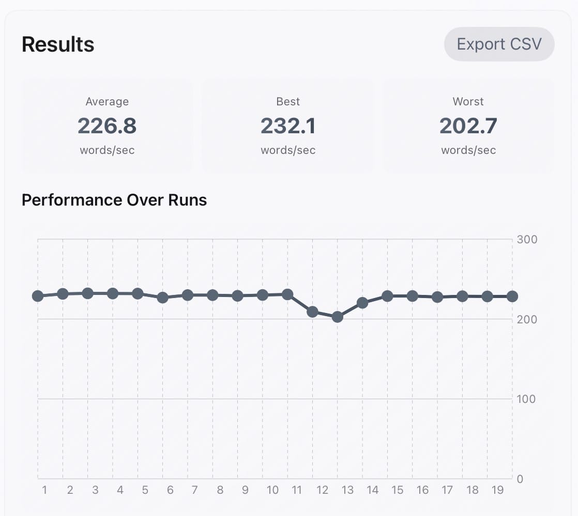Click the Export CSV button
click(499, 44)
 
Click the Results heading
click(58, 44)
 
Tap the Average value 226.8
click(107, 126)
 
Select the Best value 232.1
click(288, 126)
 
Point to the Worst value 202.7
click(468, 126)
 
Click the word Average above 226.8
click(107, 102)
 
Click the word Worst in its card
click(468, 102)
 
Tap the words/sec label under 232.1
click(288, 150)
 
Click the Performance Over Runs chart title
click(114, 200)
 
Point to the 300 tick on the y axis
click(527, 240)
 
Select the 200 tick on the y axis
click(527, 319)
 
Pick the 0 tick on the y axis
click(520, 479)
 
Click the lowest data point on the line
click(338, 317)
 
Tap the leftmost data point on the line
click(38, 296)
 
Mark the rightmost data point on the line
click(512, 296)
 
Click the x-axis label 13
click(347, 490)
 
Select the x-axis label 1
click(45, 490)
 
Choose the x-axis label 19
click(497, 490)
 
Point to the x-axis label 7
click(195, 490)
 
